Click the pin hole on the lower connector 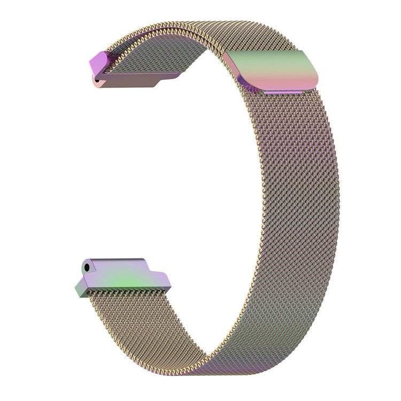pyautogui.click(x=86, y=264)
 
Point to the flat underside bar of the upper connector pyautogui.click(x=134, y=81)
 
